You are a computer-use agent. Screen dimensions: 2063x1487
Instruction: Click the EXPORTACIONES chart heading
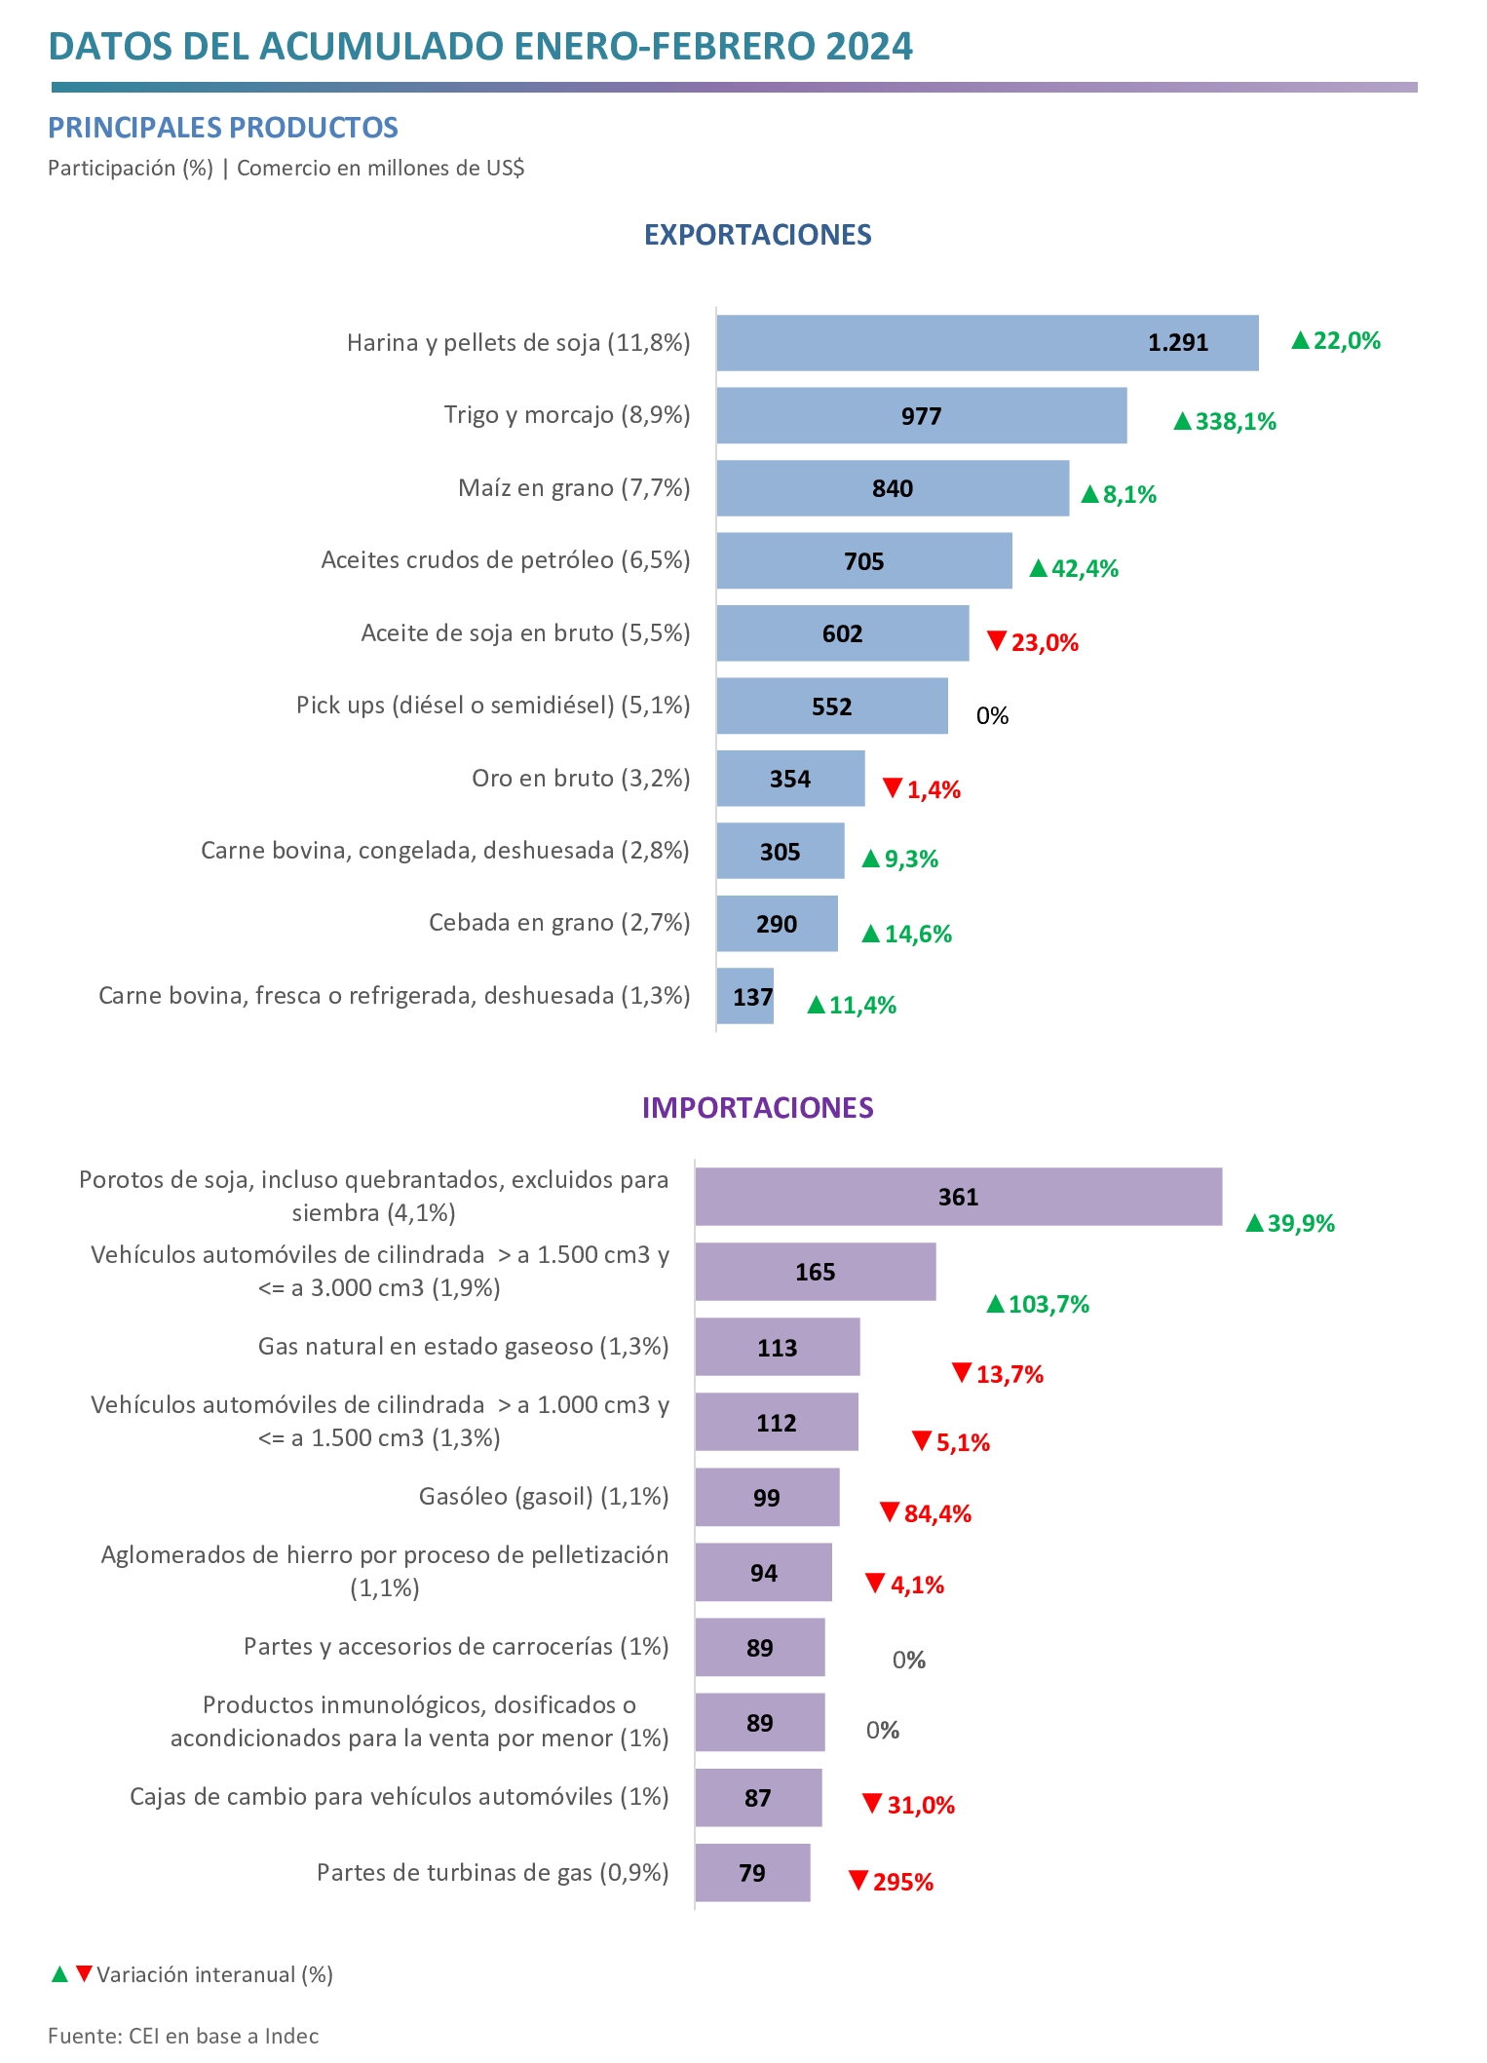coord(757,235)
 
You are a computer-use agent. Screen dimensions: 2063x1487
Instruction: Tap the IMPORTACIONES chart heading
coord(757,1108)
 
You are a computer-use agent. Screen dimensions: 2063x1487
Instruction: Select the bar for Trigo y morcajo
coord(921,416)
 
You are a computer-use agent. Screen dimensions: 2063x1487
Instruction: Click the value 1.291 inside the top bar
coord(1177,343)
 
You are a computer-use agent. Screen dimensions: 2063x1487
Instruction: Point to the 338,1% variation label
coord(1225,422)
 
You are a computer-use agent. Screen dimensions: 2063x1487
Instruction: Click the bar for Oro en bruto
coord(790,779)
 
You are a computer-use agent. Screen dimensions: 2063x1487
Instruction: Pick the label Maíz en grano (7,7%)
coord(574,488)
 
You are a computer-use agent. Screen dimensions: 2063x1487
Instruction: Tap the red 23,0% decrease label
coord(1033,643)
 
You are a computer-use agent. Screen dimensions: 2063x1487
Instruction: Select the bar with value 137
coord(745,997)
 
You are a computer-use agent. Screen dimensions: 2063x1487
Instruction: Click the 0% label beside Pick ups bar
coord(992,716)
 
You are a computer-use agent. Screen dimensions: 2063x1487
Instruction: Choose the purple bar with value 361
coord(958,1197)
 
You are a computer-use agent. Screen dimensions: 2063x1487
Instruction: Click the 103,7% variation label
coord(1038,1305)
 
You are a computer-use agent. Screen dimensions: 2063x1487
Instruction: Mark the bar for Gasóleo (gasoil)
coord(767,1498)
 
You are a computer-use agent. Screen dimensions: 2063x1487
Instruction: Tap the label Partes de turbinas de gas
coord(492,1873)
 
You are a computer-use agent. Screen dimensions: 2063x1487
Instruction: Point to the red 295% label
coord(892,1883)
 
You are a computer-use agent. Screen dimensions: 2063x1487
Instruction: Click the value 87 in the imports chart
coord(758,1799)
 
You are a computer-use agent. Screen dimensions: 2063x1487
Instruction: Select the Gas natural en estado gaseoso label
coord(463,1347)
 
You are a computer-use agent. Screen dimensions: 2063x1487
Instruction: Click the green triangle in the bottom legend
coord(59,1974)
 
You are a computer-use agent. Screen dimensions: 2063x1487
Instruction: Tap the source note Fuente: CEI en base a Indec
coord(183,2037)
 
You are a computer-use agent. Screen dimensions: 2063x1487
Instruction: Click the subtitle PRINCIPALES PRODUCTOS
coord(223,128)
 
